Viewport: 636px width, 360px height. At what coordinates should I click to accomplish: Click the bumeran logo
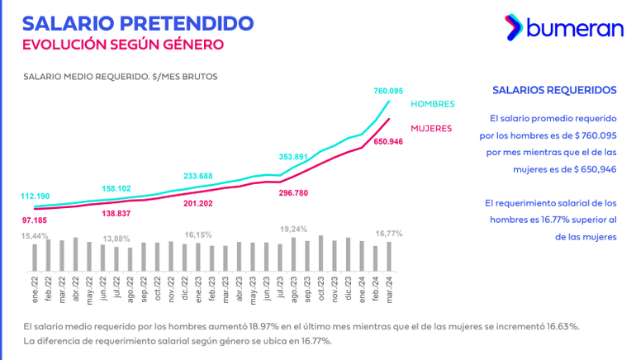[x=564, y=27]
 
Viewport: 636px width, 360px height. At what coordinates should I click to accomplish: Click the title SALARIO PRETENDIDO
[x=138, y=23]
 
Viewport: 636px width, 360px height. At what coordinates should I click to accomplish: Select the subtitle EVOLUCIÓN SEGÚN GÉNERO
[x=123, y=45]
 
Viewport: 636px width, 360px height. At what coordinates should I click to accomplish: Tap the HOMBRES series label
[x=432, y=104]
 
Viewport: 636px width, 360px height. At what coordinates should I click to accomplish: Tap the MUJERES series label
[x=431, y=129]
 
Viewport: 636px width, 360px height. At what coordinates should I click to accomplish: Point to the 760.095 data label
[x=388, y=91]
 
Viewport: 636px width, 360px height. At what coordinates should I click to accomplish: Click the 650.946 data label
[x=388, y=141]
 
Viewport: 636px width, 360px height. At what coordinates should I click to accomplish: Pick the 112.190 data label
[x=36, y=197]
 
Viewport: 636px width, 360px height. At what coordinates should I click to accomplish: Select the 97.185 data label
[x=35, y=220]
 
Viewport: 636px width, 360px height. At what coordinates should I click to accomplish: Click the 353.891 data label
[x=293, y=157]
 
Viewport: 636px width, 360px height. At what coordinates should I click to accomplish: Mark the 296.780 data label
[x=293, y=193]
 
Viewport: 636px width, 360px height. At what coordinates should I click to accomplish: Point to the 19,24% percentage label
[x=293, y=230]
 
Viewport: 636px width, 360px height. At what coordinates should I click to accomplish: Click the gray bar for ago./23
[x=294, y=254]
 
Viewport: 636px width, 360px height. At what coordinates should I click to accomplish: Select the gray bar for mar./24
[x=389, y=257]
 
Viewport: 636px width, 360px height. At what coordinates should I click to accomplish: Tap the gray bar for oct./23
[x=320, y=253]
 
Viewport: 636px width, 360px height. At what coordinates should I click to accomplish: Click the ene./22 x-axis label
[x=35, y=290]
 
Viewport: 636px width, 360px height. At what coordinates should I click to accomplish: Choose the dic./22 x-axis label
[x=185, y=288]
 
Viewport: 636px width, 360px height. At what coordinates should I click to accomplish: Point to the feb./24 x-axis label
[x=376, y=289]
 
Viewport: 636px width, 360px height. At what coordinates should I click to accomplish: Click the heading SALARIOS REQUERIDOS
[x=554, y=90]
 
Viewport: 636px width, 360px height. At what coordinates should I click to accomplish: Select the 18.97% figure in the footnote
[x=263, y=326]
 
